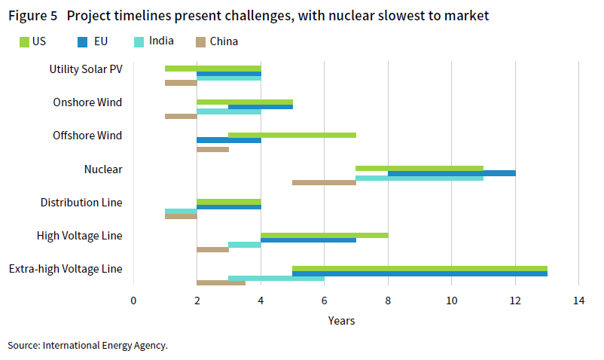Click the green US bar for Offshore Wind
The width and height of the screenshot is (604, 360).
tap(292, 135)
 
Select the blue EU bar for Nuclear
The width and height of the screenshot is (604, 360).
tap(452, 173)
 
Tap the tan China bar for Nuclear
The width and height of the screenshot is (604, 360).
tap(324, 182)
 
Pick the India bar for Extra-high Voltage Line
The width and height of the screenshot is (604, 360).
tap(276, 278)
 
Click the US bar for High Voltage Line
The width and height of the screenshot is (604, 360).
tap(325, 235)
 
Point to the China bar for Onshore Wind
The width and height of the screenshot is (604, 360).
tap(181, 116)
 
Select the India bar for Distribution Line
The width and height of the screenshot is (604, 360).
tap(181, 211)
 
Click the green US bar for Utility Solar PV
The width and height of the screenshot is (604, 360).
tap(213, 69)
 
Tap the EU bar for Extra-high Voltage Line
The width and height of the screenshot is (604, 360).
tap(419, 273)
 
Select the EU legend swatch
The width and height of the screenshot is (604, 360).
tap(83, 42)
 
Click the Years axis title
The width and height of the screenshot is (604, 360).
tap(341, 321)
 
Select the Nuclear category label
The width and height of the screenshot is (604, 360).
tap(103, 169)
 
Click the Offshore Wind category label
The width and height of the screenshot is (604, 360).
tap(87, 136)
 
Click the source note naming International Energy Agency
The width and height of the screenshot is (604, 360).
tap(87, 345)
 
